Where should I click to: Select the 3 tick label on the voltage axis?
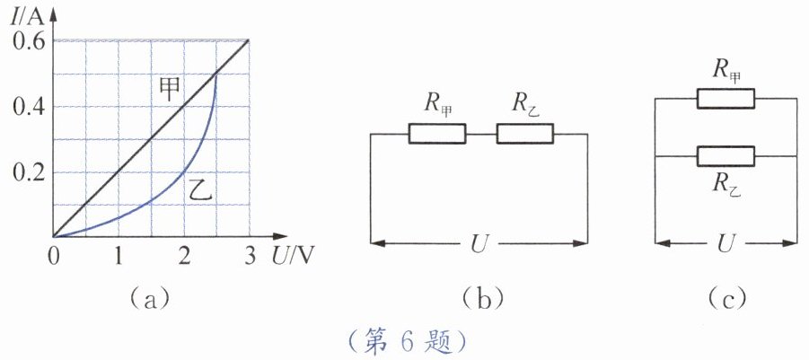point(250,257)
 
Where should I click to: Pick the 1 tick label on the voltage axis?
point(119,257)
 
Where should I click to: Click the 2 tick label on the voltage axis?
point(184,257)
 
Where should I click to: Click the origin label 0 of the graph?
point(53,257)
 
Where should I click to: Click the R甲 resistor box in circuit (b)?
point(437,134)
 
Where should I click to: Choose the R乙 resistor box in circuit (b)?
point(525,134)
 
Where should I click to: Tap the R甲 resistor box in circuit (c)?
point(725,99)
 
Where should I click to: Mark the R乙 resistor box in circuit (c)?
point(725,156)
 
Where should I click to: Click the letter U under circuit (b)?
point(479,244)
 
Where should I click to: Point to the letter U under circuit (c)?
point(725,243)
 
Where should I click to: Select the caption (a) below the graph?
point(148,298)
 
